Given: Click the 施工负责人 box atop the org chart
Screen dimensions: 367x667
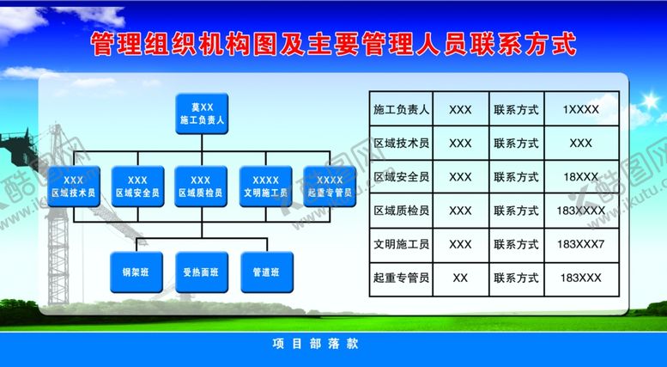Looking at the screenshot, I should pyautogui.click(x=202, y=113).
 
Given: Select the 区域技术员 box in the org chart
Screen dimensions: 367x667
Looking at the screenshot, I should pyautogui.click(x=74, y=187).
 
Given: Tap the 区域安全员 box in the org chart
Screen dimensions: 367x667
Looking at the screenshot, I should pyautogui.click(x=137, y=187).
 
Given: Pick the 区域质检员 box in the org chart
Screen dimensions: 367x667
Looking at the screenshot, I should pyautogui.click(x=201, y=187).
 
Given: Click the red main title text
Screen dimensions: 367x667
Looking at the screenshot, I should pyautogui.click(x=333, y=45).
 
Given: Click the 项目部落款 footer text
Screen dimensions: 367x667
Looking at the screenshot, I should pyautogui.click(x=315, y=344).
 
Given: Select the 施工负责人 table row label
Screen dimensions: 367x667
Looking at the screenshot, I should pyautogui.click(x=401, y=110).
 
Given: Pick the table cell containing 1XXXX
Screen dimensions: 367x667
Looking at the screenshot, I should pyautogui.click(x=580, y=110).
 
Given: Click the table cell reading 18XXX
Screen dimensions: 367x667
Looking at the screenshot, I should pyautogui.click(x=580, y=177).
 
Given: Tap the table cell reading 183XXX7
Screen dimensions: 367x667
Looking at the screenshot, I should pyautogui.click(x=580, y=244).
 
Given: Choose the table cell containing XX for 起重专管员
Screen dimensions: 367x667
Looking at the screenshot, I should pyautogui.click(x=460, y=278).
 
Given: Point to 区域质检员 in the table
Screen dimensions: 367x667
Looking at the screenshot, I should pyautogui.click(x=401, y=211).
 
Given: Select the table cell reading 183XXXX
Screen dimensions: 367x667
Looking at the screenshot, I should pyautogui.click(x=580, y=211).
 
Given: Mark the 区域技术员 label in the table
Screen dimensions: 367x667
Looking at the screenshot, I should pyautogui.click(x=401, y=144).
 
